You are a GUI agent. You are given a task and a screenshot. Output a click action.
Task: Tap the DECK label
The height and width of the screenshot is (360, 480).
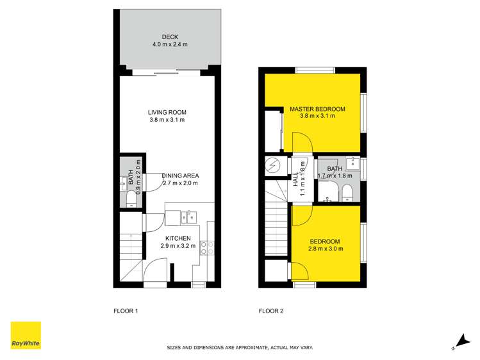(170, 37)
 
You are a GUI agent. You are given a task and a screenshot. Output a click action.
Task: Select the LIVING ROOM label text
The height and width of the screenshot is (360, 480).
(167, 112)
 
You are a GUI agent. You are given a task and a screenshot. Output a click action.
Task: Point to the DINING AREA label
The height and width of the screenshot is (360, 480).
(180, 176)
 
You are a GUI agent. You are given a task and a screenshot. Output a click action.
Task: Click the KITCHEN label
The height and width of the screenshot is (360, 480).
(176, 238)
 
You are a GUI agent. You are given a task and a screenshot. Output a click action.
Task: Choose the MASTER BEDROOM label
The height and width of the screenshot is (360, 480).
(317, 109)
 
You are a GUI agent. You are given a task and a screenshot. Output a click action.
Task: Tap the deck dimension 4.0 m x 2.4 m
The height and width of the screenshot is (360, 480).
(170, 45)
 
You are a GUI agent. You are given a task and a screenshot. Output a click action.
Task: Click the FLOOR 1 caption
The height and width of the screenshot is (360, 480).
(126, 311)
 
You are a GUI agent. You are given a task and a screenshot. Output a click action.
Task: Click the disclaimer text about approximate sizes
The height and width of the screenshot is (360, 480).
(240, 348)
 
